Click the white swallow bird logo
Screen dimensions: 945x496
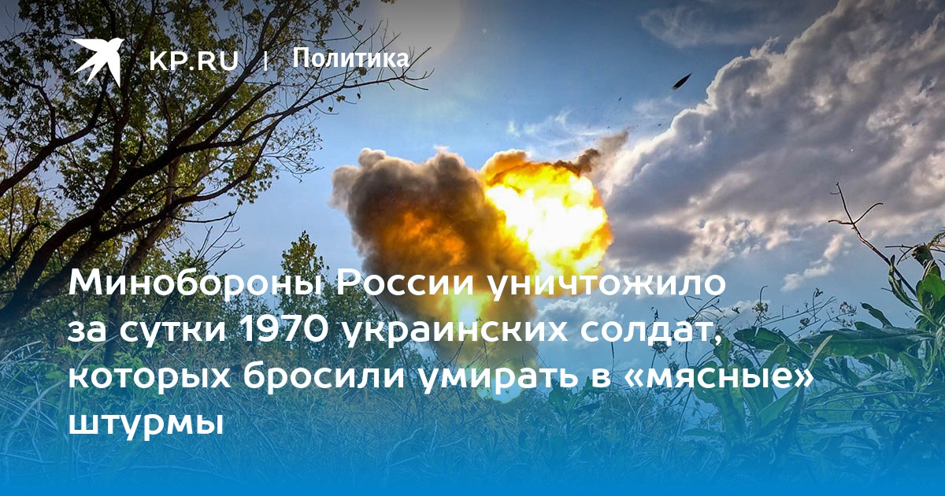98,60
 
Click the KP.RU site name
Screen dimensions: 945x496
194,61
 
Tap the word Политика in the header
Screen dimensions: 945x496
350,57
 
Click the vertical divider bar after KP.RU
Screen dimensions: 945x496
265,61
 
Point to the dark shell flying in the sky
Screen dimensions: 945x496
682,80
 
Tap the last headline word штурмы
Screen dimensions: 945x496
146,424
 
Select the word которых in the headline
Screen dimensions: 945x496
150,378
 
